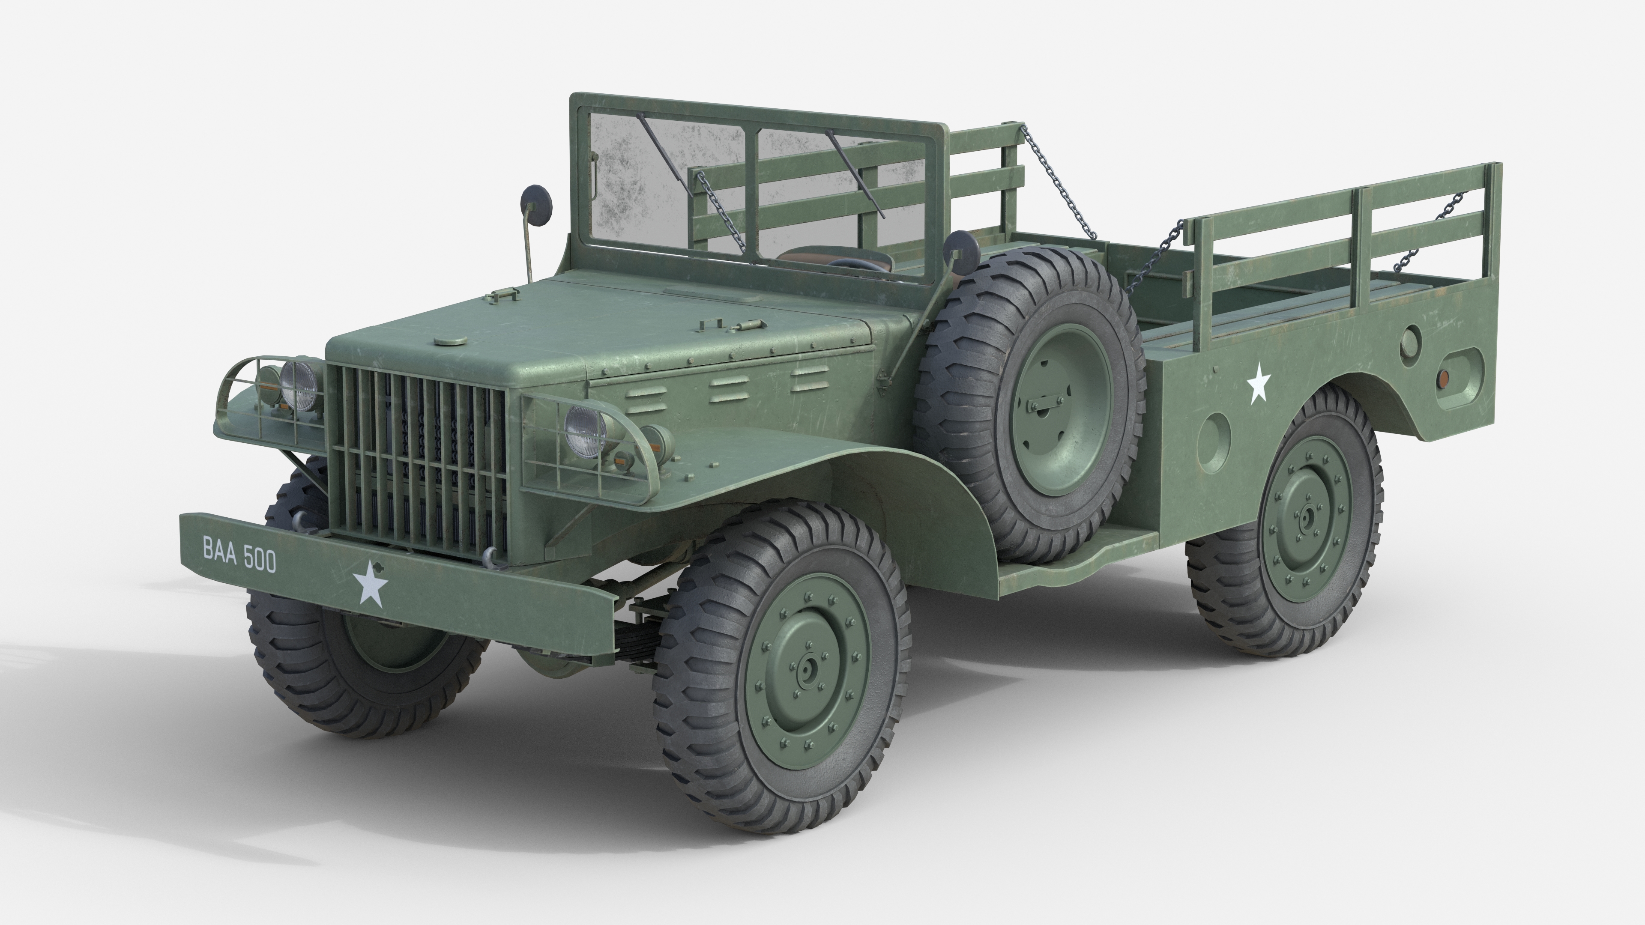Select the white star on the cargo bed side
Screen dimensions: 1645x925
(x=1259, y=382)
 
